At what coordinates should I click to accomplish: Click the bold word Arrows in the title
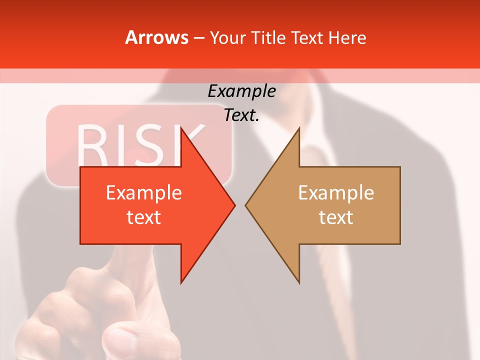pos(156,37)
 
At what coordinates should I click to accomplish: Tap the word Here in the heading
pos(347,37)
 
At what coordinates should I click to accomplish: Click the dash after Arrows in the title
pos(198,38)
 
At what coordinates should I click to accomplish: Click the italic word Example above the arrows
pos(241,91)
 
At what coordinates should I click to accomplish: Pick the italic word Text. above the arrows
pos(241,115)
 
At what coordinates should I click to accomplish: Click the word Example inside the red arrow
pos(144,192)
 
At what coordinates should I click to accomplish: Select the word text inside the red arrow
pos(144,217)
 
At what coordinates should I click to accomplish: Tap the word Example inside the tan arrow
pos(336,192)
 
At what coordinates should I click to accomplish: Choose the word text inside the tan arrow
pos(336,217)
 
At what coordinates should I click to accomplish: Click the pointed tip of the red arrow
pos(234,205)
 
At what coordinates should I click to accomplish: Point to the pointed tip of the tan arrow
pos(246,205)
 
